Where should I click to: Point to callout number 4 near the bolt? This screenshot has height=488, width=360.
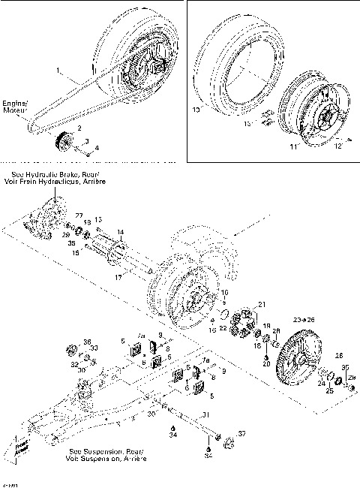pos(96,147)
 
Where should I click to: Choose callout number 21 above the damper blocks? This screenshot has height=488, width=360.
pos(261,303)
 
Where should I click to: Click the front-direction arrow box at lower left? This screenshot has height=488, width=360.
pos(20,448)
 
